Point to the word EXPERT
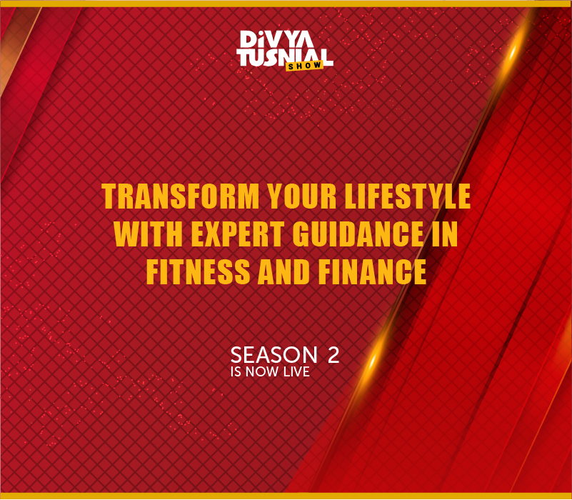[x=238, y=234]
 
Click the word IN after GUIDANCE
[x=445, y=234]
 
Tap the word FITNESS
[x=199, y=272]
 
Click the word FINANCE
[x=373, y=272]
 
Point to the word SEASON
[x=274, y=355]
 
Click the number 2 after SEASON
[x=333, y=355]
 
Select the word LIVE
[x=296, y=372]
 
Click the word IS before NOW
[x=236, y=372]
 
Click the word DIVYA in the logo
[x=277, y=39]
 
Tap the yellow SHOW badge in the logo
[x=304, y=66]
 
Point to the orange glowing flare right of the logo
[x=513, y=54]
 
